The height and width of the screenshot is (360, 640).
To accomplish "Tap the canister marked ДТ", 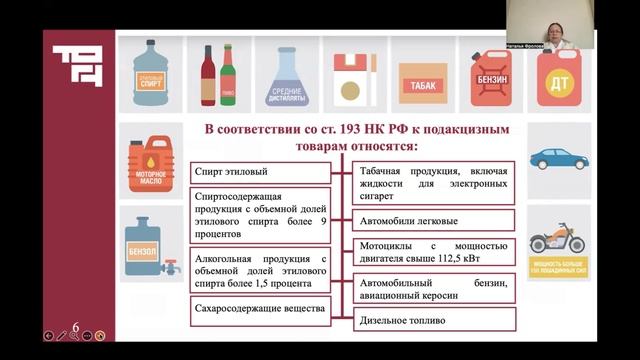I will click(558, 78).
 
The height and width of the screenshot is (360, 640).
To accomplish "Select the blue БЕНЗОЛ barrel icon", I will click(143, 241).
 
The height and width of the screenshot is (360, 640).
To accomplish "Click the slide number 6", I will click(76, 326).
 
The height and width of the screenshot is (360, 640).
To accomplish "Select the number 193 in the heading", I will click(332, 129).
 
